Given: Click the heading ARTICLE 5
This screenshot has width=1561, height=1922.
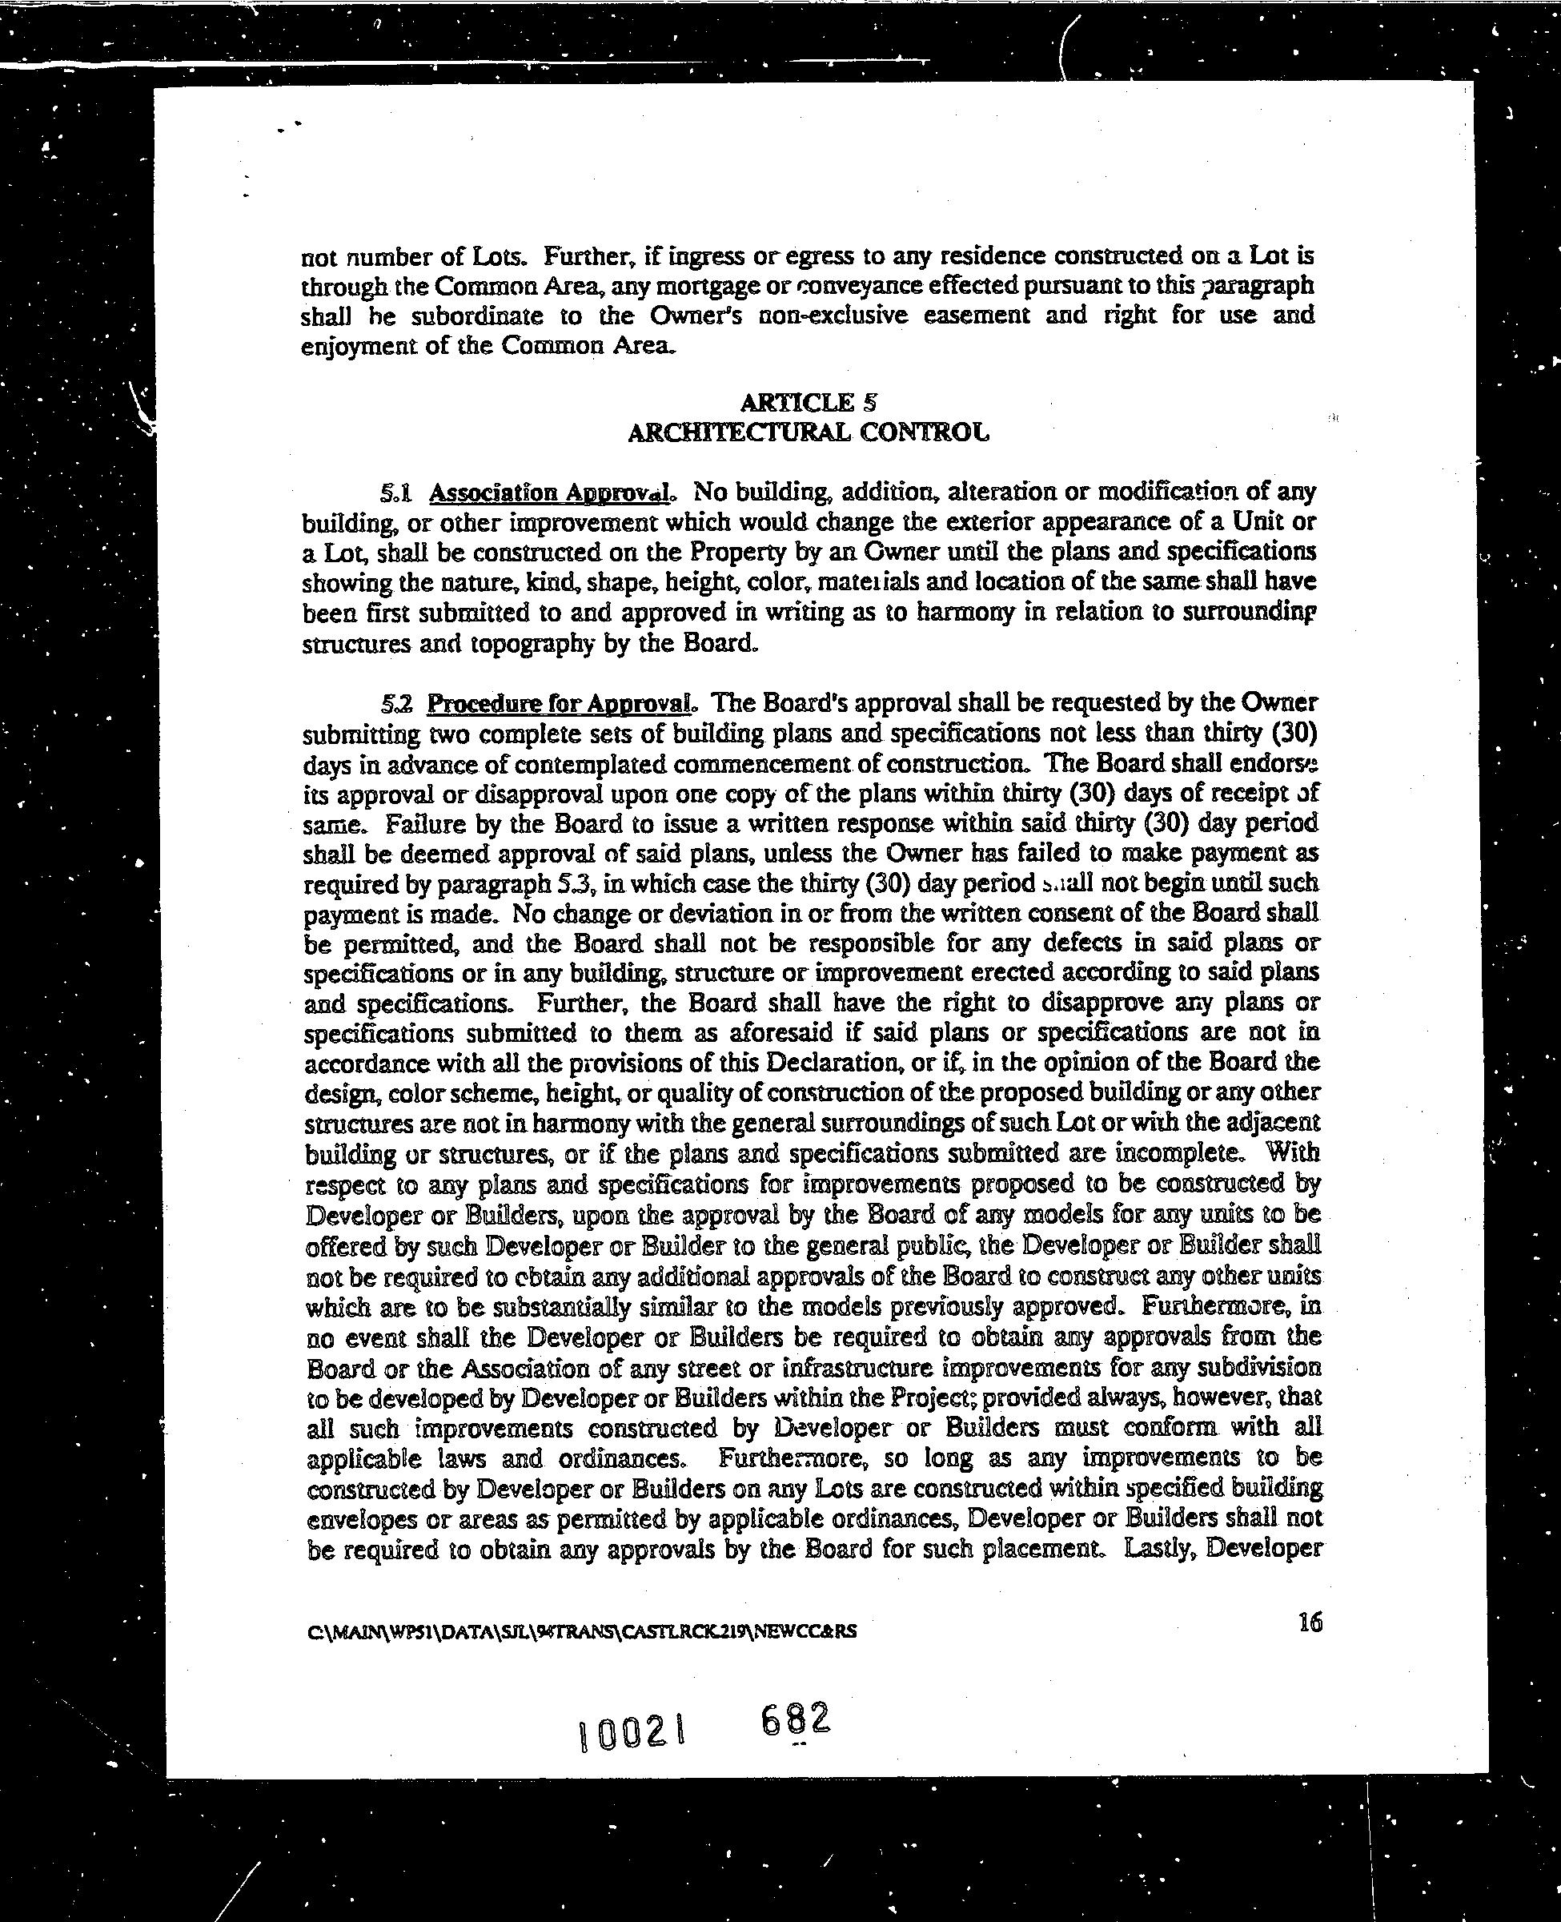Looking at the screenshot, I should tap(808, 402).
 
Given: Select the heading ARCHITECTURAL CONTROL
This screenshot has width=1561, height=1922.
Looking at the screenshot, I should tap(808, 432).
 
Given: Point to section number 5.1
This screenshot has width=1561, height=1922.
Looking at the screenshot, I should tap(396, 493).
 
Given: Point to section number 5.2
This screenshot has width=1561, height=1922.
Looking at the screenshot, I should tap(396, 702).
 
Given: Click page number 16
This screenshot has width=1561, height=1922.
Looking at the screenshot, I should tap(1310, 1622).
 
